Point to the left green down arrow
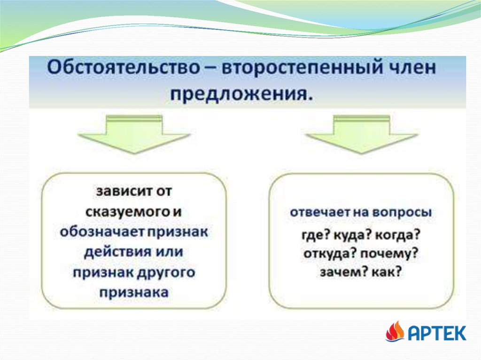(134, 134)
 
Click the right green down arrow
(362, 134)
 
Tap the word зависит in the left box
(122, 191)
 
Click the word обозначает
(102, 232)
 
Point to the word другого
(165, 273)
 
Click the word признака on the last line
(134, 292)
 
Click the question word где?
(316, 236)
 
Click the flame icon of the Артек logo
(395, 331)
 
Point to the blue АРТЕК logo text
(437, 333)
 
